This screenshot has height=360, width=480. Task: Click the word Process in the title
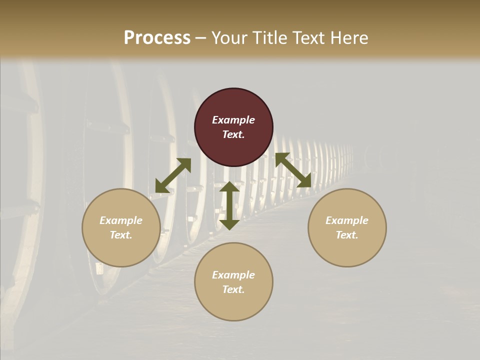[x=157, y=38]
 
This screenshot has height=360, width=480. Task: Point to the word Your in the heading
[x=230, y=38]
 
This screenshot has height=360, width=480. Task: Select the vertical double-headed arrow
[x=229, y=205]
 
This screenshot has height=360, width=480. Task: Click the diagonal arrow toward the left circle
[x=173, y=175]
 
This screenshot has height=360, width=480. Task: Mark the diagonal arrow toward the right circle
[x=293, y=170]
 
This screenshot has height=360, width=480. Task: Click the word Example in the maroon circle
[x=233, y=120]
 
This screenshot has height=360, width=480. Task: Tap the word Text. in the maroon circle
[x=233, y=134]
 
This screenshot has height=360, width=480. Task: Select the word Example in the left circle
[x=121, y=220]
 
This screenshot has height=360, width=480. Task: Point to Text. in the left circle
[x=121, y=235]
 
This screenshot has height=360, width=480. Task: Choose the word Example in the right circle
[x=347, y=220]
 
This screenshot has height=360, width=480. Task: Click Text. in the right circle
[x=347, y=235]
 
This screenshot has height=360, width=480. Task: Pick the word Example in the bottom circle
[x=233, y=275]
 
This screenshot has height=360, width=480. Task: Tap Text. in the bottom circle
[x=233, y=289]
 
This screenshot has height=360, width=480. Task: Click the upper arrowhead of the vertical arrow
[x=229, y=187]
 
